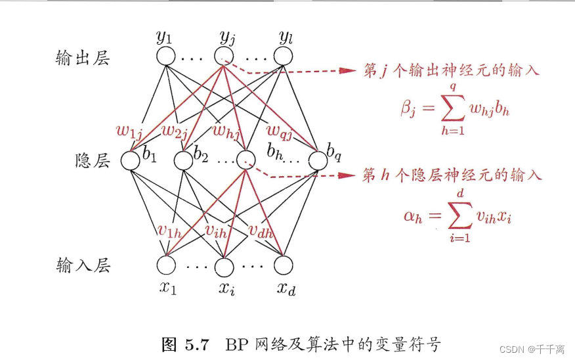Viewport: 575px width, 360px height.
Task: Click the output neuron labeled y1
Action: point(166,56)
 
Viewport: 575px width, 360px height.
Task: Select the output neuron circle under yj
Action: point(224,56)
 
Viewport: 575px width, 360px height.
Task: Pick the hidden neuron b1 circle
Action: point(133,160)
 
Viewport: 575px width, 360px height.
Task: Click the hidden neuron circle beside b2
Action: point(183,160)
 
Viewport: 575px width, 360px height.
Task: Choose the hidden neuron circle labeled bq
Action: point(318,160)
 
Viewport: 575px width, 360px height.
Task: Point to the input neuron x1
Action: point(166,265)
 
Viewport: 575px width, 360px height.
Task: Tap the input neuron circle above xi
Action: point(224,265)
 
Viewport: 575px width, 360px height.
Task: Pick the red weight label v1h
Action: point(170,231)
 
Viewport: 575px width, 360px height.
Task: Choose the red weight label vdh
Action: point(261,231)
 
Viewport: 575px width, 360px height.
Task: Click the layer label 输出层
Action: point(82,58)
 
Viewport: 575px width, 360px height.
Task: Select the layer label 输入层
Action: point(82,266)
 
